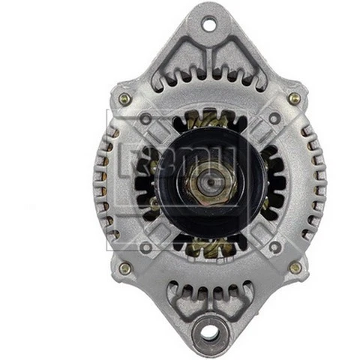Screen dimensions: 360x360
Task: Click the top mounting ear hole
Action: [x=208, y=25]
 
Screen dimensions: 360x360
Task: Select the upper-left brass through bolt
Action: [x=124, y=98]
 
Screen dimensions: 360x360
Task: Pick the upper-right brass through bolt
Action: [x=295, y=98]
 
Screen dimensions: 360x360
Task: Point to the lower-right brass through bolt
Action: [x=295, y=268]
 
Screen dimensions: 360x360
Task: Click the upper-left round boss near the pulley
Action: [x=145, y=118]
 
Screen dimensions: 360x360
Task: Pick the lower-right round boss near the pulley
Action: [x=275, y=247]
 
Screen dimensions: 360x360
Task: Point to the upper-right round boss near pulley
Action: [x=275, y=118]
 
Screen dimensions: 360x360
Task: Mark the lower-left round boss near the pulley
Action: [x=145, y=247]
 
